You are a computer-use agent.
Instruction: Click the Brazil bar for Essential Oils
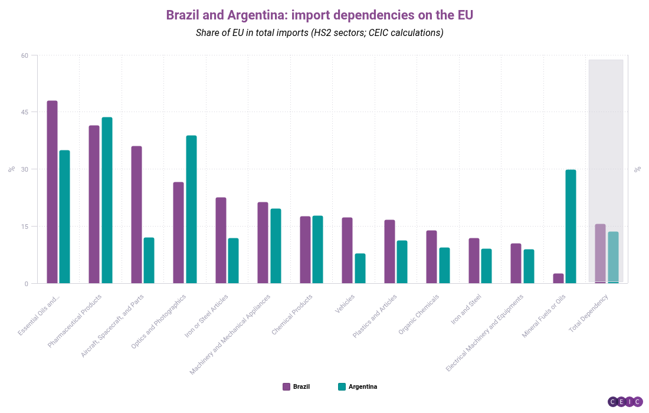pyautogui.click(x=52, y=192)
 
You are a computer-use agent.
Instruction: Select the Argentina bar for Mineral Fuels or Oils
pyautogui.click(x=571, y=227)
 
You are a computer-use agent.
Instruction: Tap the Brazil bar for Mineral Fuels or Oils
pyautogui.click(x=558, y=278)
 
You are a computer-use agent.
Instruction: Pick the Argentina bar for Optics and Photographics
pyautogui.click(x=191, y=209)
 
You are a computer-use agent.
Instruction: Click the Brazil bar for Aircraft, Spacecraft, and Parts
pyautogui.click(x=136, y=215)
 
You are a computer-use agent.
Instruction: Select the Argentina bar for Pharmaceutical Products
pyautogui.click(x=107, y=200)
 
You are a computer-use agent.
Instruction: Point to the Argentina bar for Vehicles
pyautogui.click(x=360, y=268)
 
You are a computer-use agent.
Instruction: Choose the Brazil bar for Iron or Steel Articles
pyautogui.click(x=221, y=240)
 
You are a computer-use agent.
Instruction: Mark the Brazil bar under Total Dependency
pyautogui.click(x=600, y=254)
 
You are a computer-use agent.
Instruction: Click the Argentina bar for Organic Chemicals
pyautogui.click(x=444, y=265)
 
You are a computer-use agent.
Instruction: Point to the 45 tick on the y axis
pyautogui.click(x=25, y=112)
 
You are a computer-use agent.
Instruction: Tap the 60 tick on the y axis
pyautogui.click(x=25, y=55)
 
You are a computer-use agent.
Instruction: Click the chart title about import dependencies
pyautogui.click(x=319, y=15)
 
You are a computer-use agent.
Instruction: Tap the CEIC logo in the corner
pyautogui.click(x=625, y=402)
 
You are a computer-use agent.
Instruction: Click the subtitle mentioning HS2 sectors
pyautogui.click(x=319, y=33)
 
